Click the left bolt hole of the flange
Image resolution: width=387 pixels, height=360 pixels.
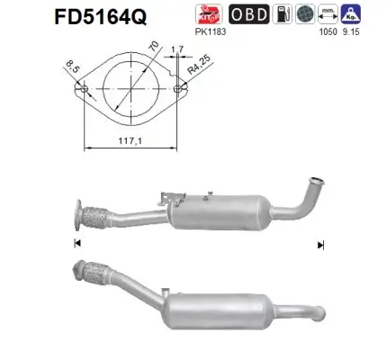pyautogui.click(x=84, y=90)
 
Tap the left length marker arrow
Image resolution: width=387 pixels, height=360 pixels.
pyautogui.click(x=76, y=244)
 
